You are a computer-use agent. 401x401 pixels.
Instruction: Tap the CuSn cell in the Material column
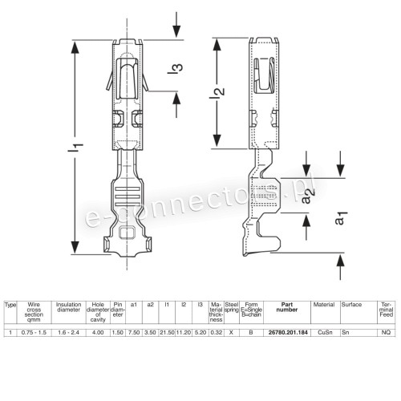pos(326,330)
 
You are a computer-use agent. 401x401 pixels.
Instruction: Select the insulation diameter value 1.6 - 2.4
pos(68,330)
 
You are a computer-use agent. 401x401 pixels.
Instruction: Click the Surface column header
pos(351,305)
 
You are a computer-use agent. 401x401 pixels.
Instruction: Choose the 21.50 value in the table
pos(166,330)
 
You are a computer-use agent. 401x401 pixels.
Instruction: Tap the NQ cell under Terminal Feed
pos(386,330)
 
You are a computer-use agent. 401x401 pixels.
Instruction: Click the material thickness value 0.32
pos(216,330)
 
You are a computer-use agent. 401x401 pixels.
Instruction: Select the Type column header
pos(10,305)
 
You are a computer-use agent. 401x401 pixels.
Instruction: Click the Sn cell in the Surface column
pos(346,330)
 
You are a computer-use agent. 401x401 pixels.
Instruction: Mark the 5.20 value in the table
pos(200,330)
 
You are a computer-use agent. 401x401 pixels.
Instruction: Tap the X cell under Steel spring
pos(231,330)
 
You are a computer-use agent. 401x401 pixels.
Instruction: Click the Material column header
pos(324,305)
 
